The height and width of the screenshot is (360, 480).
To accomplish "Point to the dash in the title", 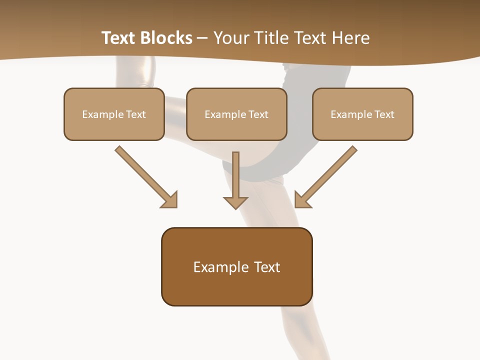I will tap(202, 38).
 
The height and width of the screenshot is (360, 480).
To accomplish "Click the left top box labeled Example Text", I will tap(114, 114).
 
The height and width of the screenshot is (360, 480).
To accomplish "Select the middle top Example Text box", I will tap(236, 114).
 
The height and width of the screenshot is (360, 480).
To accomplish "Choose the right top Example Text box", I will tap(362, 114).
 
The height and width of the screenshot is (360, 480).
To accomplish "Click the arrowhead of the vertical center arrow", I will tap(235, 202).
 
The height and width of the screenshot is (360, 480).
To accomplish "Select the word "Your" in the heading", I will tap(229, 38).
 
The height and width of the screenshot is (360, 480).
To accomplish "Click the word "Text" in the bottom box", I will tap(267, 267).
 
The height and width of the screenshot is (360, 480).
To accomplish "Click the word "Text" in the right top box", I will tap(384, 114).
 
